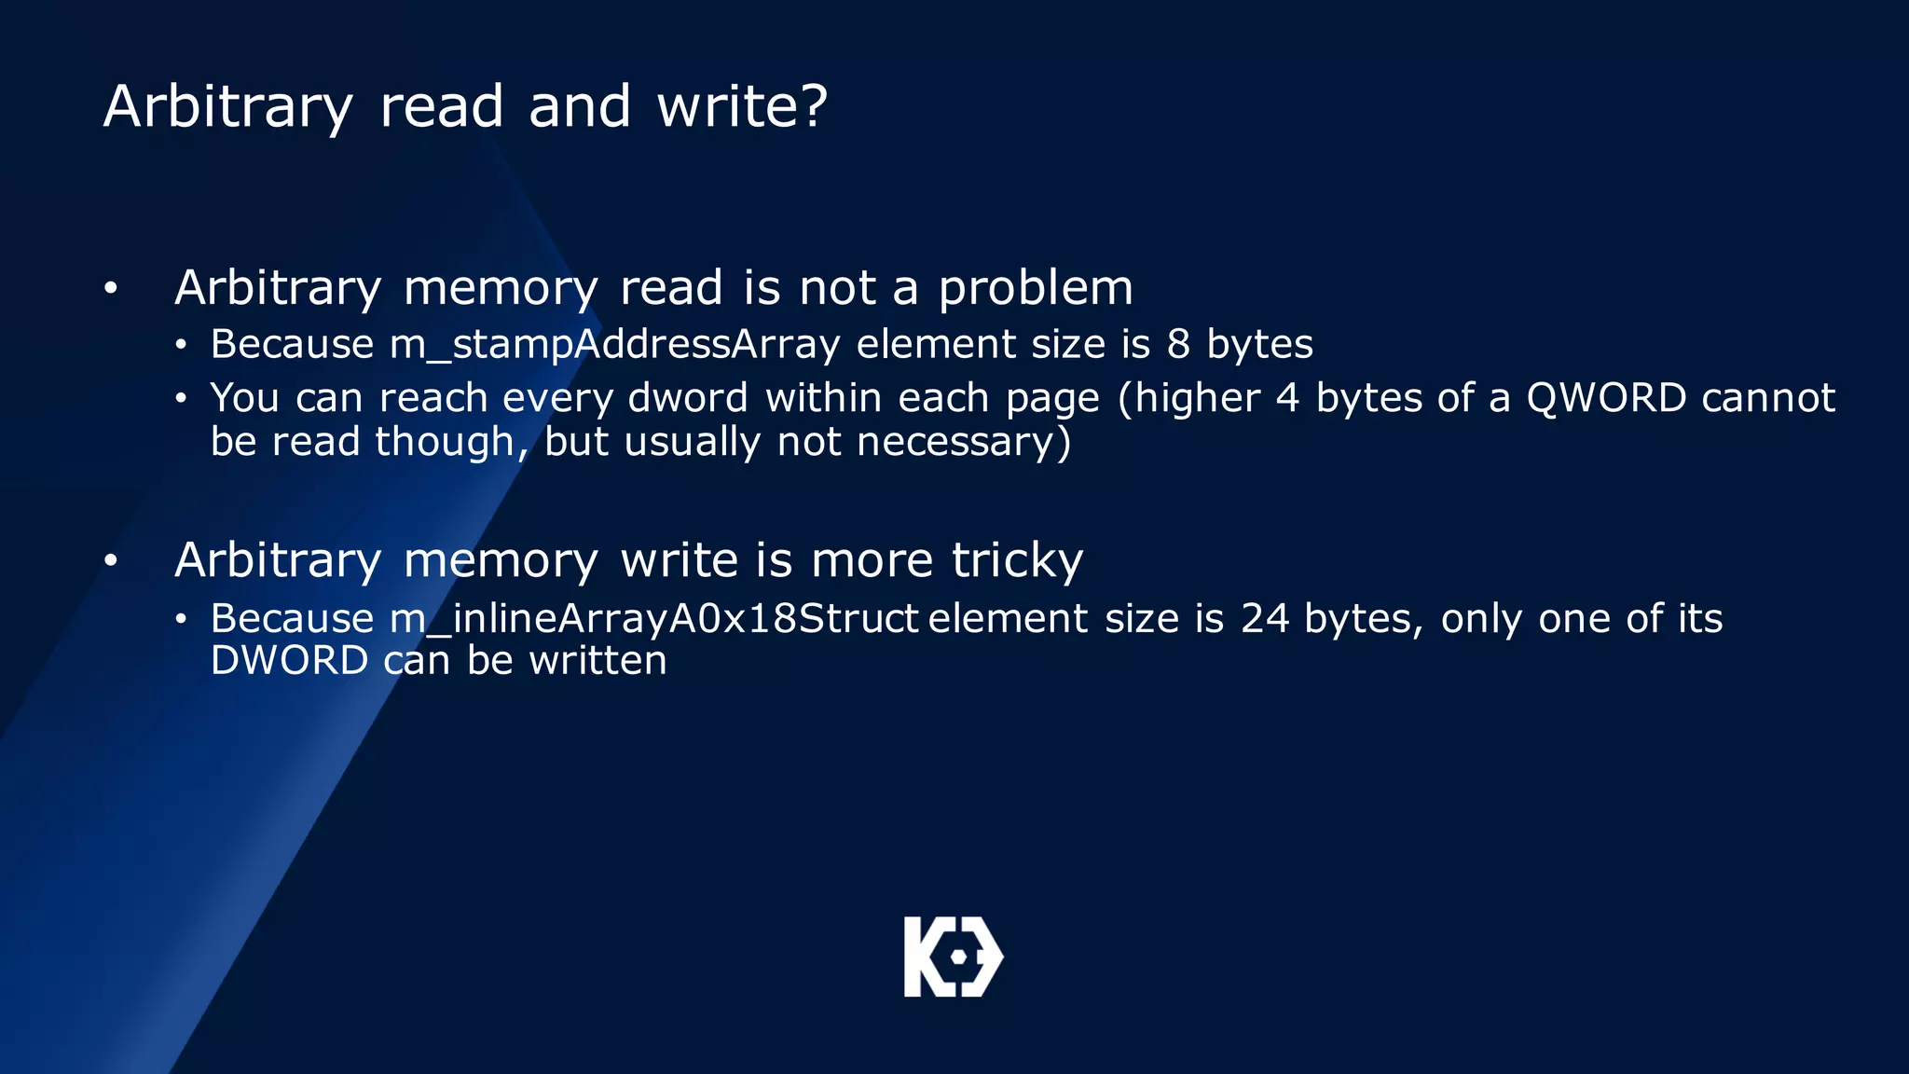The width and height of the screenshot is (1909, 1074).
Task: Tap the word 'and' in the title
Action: click(580, 105)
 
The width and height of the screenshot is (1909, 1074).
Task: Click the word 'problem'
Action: click(1035, 289)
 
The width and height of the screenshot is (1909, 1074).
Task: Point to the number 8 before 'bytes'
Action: click(1178, 344)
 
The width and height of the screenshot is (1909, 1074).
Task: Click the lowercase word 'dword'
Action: click(688, 398)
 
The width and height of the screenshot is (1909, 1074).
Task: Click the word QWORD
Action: click(1605, 398)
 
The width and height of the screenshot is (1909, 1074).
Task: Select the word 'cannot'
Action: click(1768, 398)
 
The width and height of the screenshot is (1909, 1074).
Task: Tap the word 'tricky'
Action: click(1017, 561)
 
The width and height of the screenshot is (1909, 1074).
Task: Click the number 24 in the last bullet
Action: click(1264, 619)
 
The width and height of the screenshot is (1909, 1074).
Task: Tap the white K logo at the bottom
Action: click(953, 957)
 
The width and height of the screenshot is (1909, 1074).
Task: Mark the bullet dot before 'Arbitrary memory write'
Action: click(111, 561)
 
